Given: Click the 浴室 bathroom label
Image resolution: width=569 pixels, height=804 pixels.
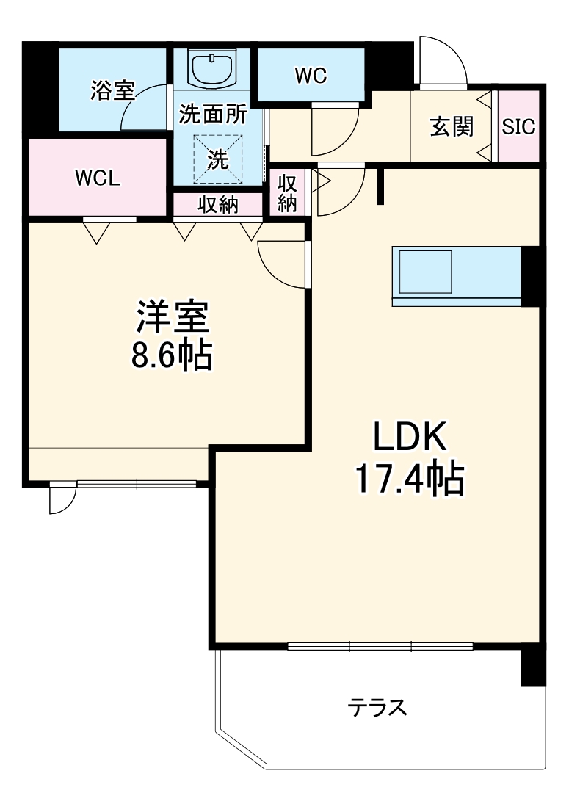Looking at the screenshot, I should (112, 90).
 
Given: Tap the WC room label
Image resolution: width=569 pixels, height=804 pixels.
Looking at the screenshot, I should (311, 75).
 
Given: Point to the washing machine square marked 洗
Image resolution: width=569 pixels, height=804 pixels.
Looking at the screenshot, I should (218, 159).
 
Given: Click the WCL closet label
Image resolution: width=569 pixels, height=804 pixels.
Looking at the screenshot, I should (97, 178).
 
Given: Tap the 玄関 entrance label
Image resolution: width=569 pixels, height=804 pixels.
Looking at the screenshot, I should (452, 126).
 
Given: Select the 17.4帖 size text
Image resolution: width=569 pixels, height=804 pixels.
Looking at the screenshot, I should (410, 479).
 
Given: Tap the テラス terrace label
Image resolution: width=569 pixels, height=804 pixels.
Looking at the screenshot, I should (377, 707).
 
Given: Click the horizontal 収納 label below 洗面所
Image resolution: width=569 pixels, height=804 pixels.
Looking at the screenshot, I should (217, 205).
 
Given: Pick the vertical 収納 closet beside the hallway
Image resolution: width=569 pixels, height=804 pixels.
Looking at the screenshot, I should (287, 193).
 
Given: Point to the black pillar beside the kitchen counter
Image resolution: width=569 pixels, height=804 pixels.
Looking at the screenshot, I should (532, 276).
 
